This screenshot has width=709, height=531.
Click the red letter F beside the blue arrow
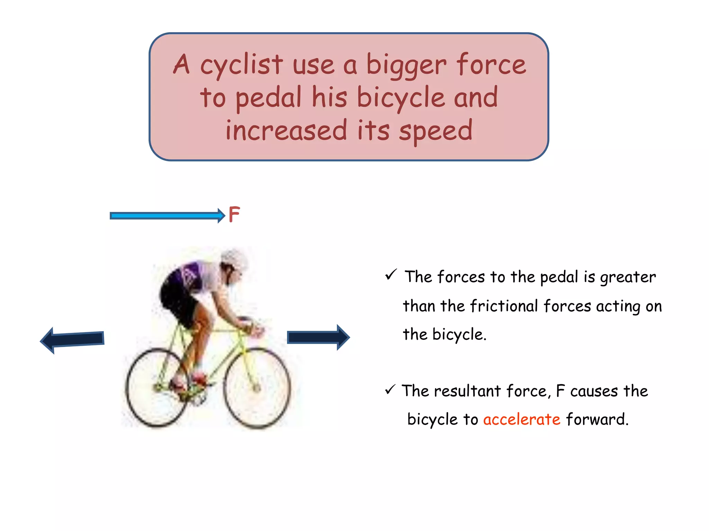pos(234,215)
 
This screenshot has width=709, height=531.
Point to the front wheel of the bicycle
pos(257,388)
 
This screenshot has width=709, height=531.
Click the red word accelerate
pos(522,419)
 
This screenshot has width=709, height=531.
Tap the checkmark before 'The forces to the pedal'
pos(391,275)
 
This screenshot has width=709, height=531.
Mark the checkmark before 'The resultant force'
pos(390,390)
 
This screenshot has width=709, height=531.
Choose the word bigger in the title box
pos(406,66)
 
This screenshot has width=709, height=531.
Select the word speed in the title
pos(436,131)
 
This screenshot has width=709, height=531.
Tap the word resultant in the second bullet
pos(467,391)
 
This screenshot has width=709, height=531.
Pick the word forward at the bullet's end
pos(597,419)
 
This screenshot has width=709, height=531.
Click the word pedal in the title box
pos(269,98)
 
